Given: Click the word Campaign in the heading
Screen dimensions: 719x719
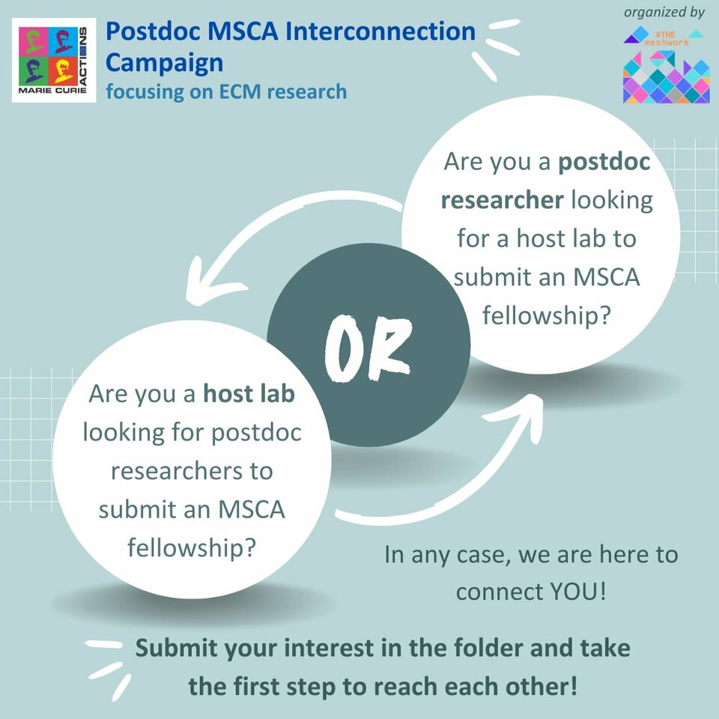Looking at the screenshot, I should pos(164,62).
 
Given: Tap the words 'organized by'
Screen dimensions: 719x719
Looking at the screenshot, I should pos(664,13).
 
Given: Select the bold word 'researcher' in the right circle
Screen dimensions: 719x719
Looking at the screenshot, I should pos(502,200).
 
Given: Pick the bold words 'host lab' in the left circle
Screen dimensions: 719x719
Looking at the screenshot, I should pos(249,395).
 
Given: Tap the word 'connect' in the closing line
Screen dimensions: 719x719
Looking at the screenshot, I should pos(495,592).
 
